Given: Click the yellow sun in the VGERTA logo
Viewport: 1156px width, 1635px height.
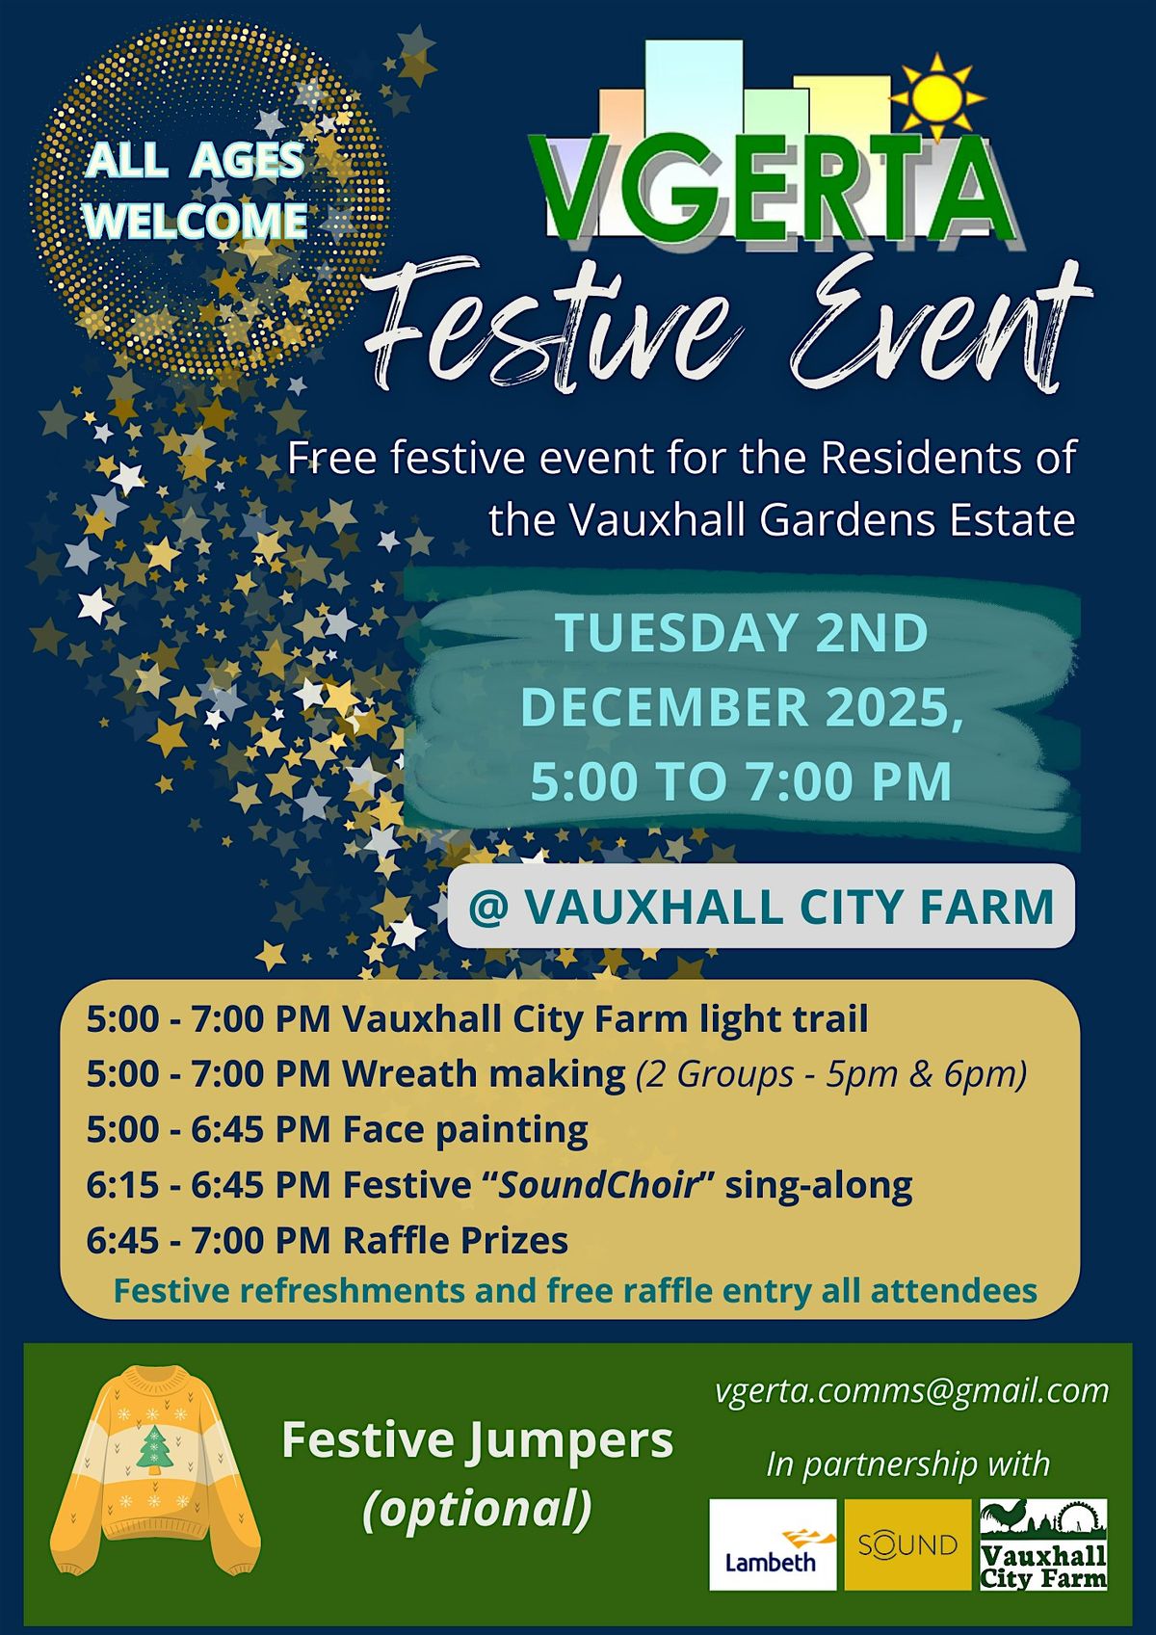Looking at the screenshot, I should pyautogui.click(x=939, y=96).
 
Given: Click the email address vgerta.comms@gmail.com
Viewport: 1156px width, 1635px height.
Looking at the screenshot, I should pyautogui.click(x=911, y=1390).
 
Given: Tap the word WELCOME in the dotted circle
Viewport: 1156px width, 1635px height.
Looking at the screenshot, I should pyautogui.click(x=196, y=221).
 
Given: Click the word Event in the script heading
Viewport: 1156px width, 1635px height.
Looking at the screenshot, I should pyautogui.click(x=939, y=328).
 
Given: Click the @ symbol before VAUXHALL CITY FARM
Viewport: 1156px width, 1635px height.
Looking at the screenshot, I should pyautogui.click(x=487, y=907).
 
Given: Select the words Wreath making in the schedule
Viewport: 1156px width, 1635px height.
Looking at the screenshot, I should pyautogui.click(x=484, y=1073).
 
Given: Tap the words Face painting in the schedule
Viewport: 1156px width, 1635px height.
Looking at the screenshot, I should pyautogui.click(x=465, y=1129).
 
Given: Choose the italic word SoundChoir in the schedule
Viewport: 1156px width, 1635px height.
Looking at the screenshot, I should pyautogui.click(x=597, y=1184).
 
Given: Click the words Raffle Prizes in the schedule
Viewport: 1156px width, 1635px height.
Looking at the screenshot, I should pyautogui.click(x=456, y=1240).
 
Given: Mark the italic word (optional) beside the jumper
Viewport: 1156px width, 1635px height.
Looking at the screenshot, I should pyautogui.click(x=477, y=1509).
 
